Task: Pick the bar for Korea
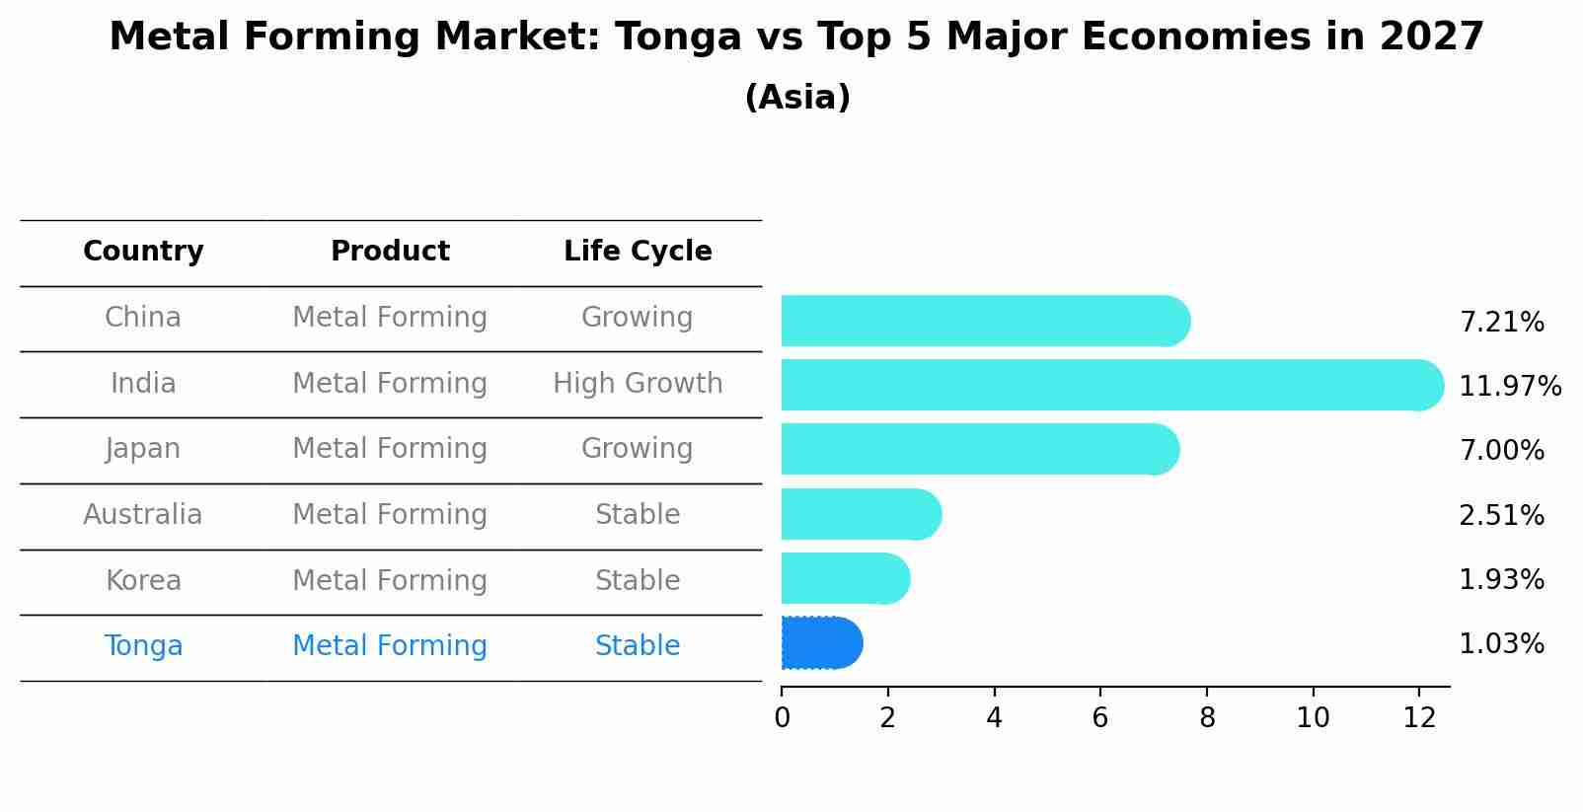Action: click(x=845, y=578)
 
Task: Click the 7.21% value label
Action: click(x=1501, y=323)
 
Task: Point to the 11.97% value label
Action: click(x=1509, y=386)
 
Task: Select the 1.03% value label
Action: click(x=1501, y=644)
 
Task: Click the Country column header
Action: click(x=143, y=252)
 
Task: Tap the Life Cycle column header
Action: click(x=638, y=252)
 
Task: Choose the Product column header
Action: click(x=390, y=252)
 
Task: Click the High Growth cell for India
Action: click(x=638, y=383)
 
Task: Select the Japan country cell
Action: click(x=143, y=449)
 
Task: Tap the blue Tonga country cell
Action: click(x=143, y=646)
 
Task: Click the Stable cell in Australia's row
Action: click(x=638, y=515)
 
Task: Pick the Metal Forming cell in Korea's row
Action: click(x=390, y=580)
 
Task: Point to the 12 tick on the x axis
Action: click(x=1419, y=718)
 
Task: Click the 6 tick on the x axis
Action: click(x=1100, y=718)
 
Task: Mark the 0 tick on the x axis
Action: click(x=782, y=718)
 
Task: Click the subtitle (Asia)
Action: click(x=797, y=98)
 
